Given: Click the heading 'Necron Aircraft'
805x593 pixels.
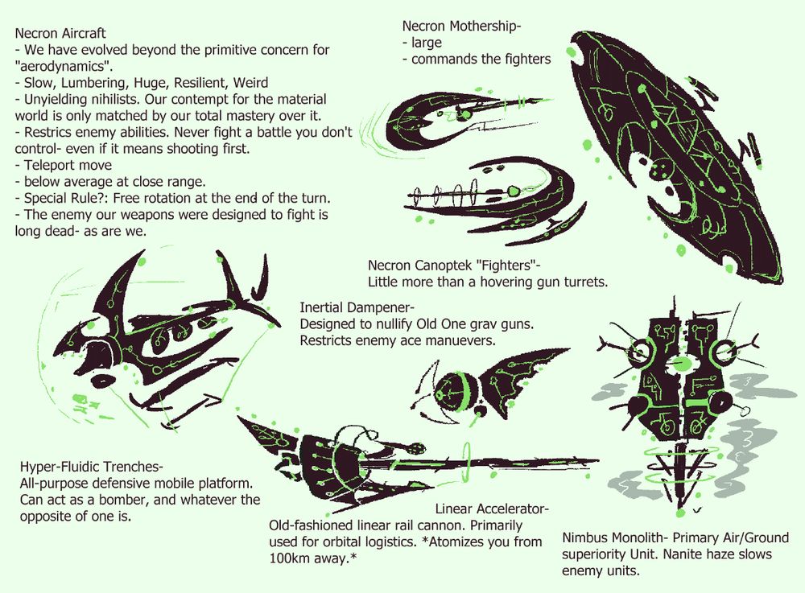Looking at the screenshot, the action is pyautogui.click(x=60, y=33).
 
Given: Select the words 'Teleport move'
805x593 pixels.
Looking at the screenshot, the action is pyautogui.click(x=68, y=165).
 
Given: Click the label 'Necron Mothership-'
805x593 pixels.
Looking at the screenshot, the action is pyautogui.click(x=461, y=27).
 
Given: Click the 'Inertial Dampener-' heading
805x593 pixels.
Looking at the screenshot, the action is pyautogui.click(x=357, y=307).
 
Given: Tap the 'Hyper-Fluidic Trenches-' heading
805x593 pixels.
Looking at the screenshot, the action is pyautogui.click(x=92, y=467).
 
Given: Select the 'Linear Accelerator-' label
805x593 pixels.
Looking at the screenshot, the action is pyautogui.click(x=493, y=509).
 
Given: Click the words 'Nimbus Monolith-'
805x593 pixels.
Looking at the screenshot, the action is pyautogui.click(x=615, y=537).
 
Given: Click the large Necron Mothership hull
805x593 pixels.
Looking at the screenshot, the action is pyautogui.click(x=667, y=154).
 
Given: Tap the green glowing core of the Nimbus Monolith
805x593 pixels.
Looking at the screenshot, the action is pyautogui.click(x=682, y=364).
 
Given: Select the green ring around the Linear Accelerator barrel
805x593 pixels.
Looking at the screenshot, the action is pyautogui.click(x=467, y=460).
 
